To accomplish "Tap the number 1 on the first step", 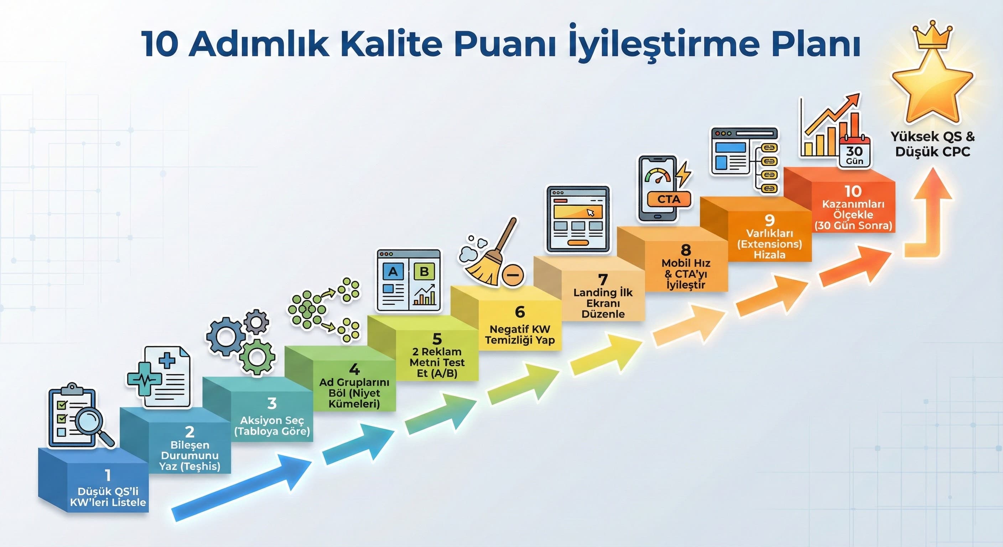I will click(x=108, y=475).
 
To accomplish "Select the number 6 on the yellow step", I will click(x=519, y=312).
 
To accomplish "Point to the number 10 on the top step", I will click(x=853, y=191).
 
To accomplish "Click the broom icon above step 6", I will click(x=492, y=257).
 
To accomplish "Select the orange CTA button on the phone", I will click(x=669, y=199).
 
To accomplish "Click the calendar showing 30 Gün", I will click(x=855, y=153).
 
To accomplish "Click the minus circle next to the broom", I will click(x=513, y=275).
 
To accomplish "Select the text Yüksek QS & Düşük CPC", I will click(x=932, y=144).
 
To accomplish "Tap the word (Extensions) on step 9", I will click(x=769, y=244).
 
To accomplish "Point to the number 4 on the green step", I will click(x=354, y=369).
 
